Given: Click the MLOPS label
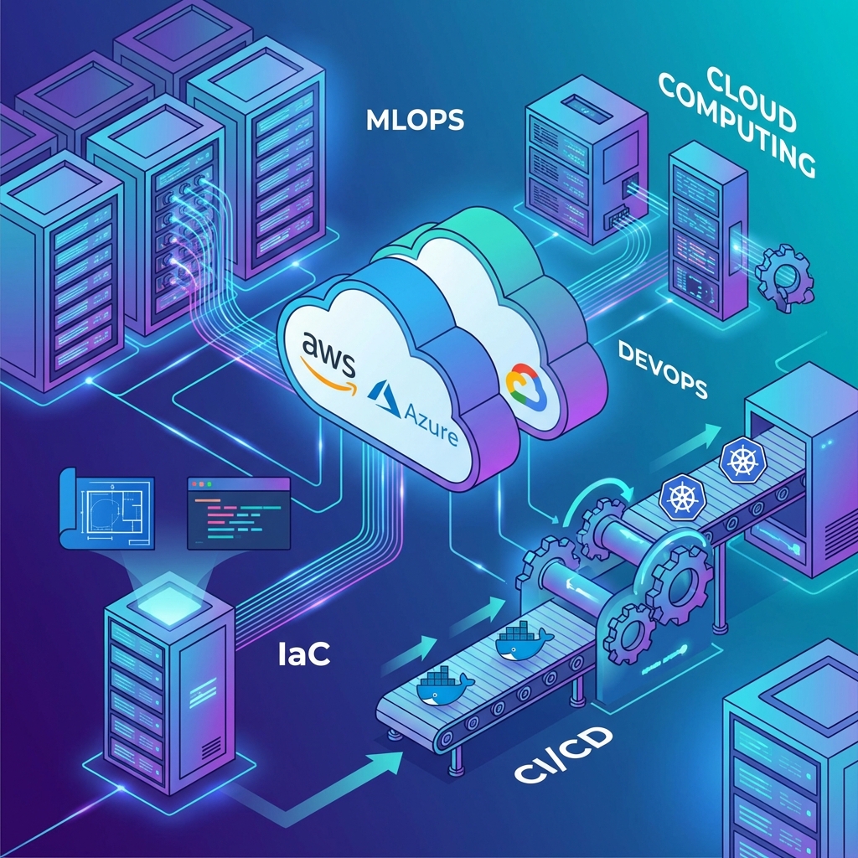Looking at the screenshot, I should [416, 120].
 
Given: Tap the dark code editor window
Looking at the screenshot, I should [238, 514].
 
